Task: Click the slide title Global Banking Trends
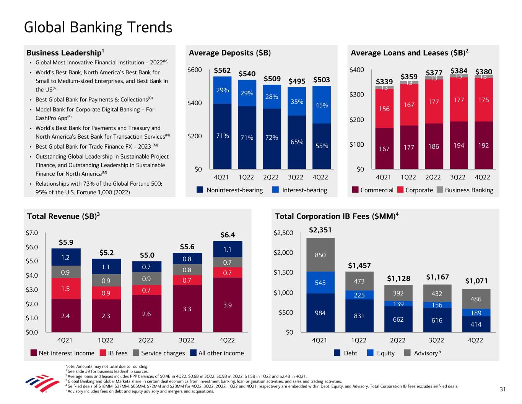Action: click(98, 28)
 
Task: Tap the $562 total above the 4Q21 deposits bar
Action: click(222, 70)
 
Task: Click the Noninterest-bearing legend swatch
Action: click(200, 190)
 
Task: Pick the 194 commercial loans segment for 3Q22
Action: click(459, 145)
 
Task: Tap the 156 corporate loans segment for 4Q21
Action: click(384, 109)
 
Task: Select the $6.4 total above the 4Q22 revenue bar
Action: click(228, 235)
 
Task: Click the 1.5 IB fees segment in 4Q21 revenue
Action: click(65, 289)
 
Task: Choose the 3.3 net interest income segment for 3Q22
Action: click(187, 308)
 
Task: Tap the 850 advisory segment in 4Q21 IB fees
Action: click(320, 255)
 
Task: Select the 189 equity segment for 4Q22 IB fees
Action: click(476, 313)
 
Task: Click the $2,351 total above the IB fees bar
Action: click(320, 230)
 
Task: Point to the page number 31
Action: click(502, 389)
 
